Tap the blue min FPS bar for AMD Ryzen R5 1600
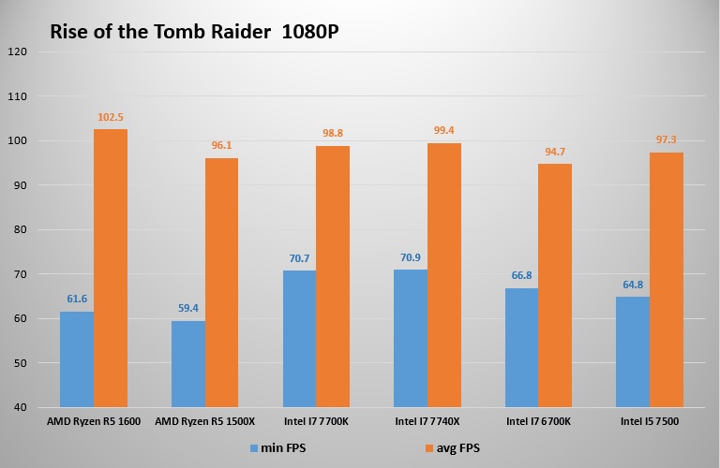click(x=76, y=359)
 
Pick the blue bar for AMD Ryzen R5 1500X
click(x=187, y=364)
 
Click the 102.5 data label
click(x=111, y=117)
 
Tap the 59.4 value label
click(x=187, y=308)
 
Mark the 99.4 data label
click(x=444, y=131)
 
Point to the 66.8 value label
click(x=521, y=275)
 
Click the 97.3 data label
click(x=667, y=139)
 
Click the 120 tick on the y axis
click(x=16, y=51)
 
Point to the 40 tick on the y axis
click(x=19, y=407)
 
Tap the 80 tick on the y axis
click(x=19, y=229)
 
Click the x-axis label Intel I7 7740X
click(x=427, y=422)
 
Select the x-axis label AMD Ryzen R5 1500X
click(x=204, y=422)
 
